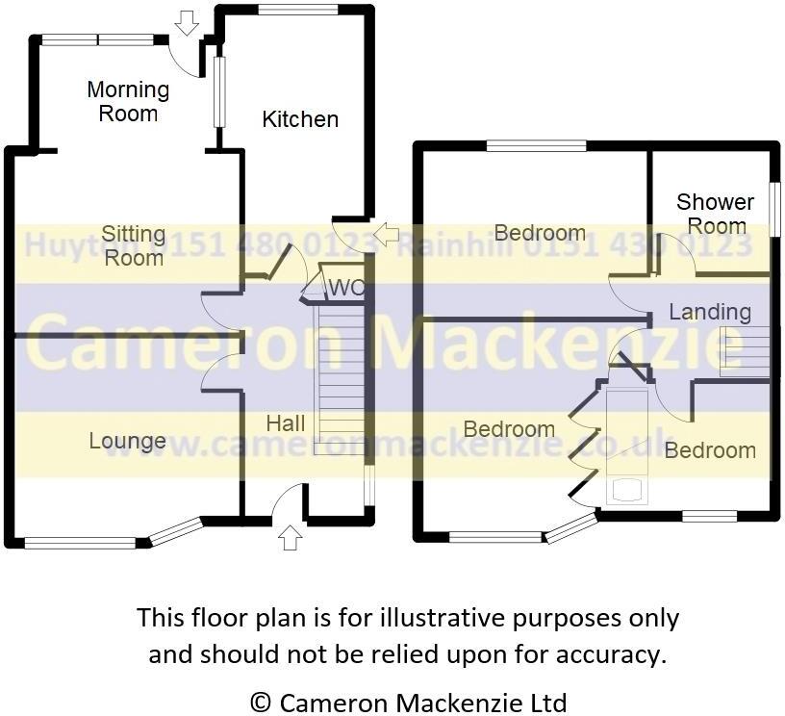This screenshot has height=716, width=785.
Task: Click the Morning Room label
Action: point(128,101)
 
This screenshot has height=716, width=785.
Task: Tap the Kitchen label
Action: point(300,119)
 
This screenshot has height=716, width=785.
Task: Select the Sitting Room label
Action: point(134,245)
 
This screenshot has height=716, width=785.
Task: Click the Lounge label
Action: point(128,441)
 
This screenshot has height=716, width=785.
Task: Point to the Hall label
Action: point(286,423)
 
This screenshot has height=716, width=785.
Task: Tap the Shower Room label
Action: point(715,214)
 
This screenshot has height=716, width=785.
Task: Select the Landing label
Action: point(710,312)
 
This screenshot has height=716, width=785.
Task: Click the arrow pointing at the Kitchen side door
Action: point(386,233)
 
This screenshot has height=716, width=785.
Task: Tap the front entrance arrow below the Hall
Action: point(289,536)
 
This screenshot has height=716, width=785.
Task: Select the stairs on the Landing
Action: point(745,351)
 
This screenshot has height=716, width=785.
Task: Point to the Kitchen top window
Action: point(297,10)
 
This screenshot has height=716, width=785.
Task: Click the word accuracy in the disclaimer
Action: point(612,654)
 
